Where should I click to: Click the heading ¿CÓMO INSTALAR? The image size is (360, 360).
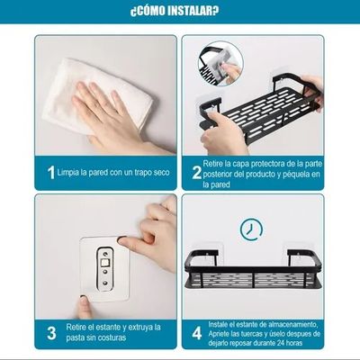pos(180,12)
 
